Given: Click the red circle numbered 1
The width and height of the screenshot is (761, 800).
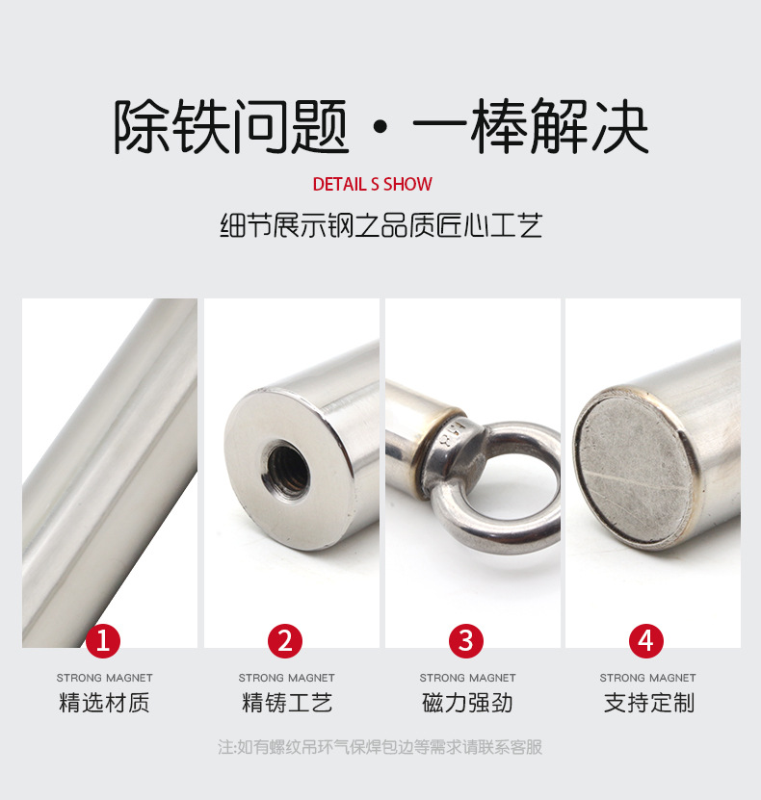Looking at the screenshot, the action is pos(103,641).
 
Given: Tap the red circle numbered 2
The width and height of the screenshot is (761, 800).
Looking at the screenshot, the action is pos(285,641).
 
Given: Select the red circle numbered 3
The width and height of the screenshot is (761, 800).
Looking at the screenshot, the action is pos(466,641).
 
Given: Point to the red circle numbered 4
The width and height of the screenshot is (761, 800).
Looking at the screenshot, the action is pos(646,641).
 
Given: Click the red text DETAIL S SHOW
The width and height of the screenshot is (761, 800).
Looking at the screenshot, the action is pos(373,184).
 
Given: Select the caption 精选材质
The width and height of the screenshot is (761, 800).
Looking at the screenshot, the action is pos(104,703).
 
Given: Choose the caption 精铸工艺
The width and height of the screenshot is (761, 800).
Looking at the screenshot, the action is pos(287,703).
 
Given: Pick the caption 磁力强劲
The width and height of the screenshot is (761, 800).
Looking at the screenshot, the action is pos(467,703).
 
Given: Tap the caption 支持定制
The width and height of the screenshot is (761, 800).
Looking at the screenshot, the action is pos(648,703).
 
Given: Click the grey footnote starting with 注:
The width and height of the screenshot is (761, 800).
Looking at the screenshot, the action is pos(380,747).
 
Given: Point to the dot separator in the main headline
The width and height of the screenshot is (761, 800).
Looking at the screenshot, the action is pos(380,127).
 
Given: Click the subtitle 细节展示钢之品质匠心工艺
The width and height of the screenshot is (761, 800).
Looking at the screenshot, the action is pos(380,225).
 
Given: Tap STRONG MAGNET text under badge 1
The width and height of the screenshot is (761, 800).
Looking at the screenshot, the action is pos(105,678).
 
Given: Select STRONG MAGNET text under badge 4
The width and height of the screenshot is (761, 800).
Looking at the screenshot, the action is pos(647,678).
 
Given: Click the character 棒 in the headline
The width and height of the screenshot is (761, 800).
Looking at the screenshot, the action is pos(498,126).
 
